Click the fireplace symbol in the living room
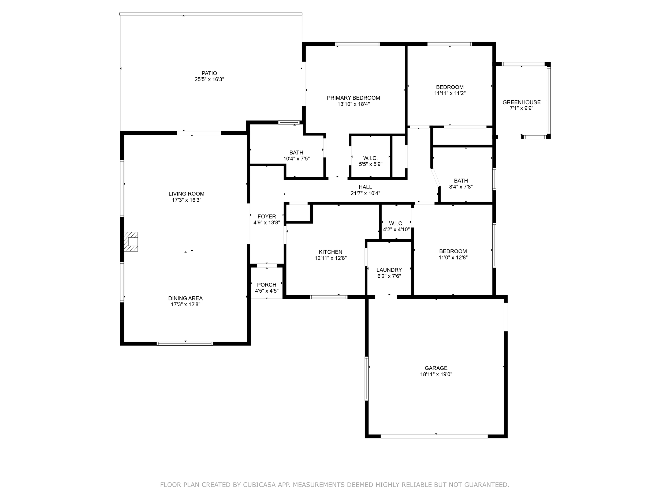pyautogui.click(x=131, y=241)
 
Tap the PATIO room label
pyautogui.click(x=209, y=73)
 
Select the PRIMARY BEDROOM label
pyautogui.click(x=353, y=98)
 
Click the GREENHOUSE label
pyautogui.click(x=522, y=102)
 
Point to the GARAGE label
pyautogui.click(x=436, y=368)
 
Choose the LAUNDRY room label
pyautogui.click(x=389, y=270)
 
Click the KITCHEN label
pyautogui.click(x=330, y=252)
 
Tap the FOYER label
pyautogui.click(x=267, y=216)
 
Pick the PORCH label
pyautogui.click(x=267, y=285)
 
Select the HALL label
pyautogui.click(x=365, y=187)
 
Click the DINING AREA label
pyautogui.click(x=186, y=298)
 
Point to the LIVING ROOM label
pyautogui.click(x=187, y=194)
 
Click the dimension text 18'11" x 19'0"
pyautogui.click(x=436, y=374)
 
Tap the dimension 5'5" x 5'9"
pyautogui.click(x=371, y=164)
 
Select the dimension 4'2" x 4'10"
pyautogui.click(x=396, y=229)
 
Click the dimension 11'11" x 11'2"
pyautogui.click(x=450, y=93)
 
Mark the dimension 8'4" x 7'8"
pyautogui.click(x=461, y=187)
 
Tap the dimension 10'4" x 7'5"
pyautogui.click(x=296, y=158)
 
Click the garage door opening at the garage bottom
pyautogui.click(x=434, y=436)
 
